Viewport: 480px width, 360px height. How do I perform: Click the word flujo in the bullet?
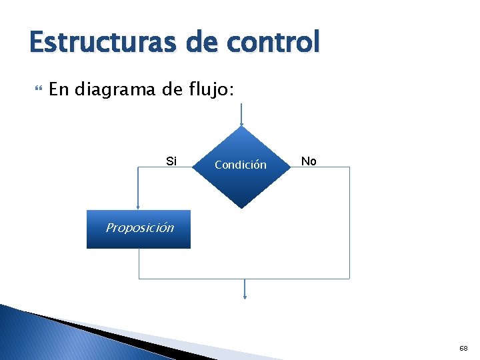207,89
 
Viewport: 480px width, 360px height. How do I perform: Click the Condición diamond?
241,167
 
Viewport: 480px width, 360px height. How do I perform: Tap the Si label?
171,161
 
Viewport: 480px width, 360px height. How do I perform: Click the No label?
309,161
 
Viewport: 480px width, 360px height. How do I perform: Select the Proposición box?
138,229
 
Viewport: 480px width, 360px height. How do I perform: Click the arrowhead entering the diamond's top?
241,123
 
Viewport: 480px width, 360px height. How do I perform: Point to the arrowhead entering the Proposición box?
138,207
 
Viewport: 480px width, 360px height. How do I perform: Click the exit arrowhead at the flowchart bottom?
245,296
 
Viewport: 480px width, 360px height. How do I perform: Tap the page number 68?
463,348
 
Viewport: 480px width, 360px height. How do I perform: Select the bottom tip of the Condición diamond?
241,208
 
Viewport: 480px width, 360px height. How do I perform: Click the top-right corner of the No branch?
349,167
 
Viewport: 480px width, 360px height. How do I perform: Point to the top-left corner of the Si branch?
138,167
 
